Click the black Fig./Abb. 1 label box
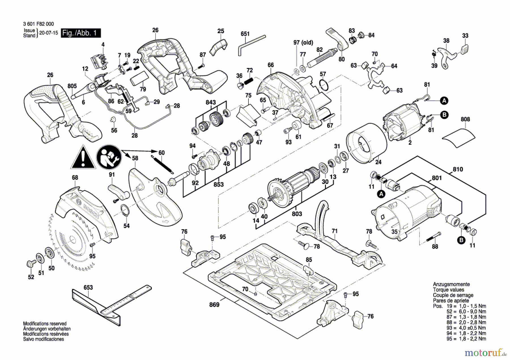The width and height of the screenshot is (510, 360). coord(81,33)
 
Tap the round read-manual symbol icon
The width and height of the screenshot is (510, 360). coord(109,157)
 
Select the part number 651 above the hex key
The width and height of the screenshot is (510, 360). coord(245,34)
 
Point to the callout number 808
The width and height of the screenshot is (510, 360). coord(465,119)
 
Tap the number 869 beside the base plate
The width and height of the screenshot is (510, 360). coord(214,304)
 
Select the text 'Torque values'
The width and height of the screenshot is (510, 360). coord(448,290)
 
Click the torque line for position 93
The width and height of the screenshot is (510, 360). coord(466,328)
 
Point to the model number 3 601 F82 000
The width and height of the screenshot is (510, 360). coord(39,24)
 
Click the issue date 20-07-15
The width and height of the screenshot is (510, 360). coord(48,33)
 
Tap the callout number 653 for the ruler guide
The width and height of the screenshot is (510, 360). coord(88,287)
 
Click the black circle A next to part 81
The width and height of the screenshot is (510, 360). coord(444,101)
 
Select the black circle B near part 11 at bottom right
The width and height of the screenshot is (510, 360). coord(462,240)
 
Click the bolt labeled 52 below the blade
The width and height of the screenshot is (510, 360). coord(29,264)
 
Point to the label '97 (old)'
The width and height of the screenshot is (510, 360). coord(303,43)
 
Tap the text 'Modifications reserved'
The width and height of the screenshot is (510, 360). coord(45,323)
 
